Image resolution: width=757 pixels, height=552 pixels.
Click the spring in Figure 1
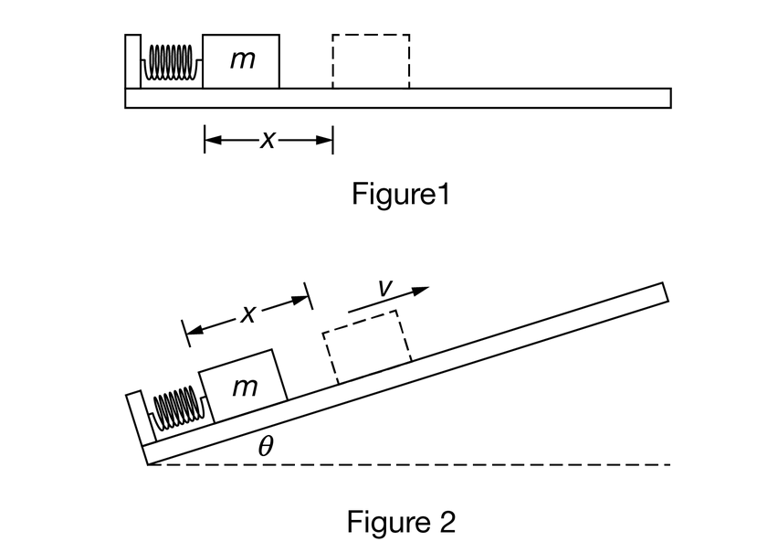171,63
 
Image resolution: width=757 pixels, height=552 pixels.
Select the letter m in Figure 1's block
241,60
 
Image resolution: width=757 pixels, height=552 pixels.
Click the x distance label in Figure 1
267,141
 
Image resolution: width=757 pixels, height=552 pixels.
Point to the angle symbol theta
266,448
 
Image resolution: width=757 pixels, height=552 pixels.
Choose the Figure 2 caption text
401,521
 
